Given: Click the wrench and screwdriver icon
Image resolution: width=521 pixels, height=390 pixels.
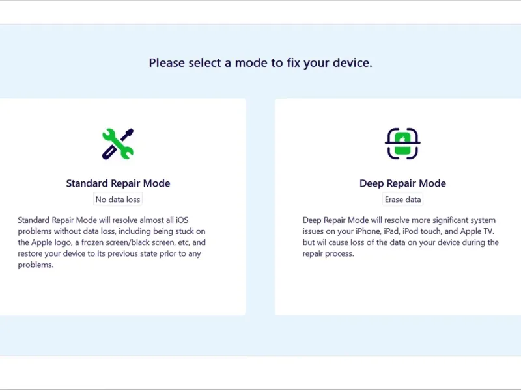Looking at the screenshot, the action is click(118, 144).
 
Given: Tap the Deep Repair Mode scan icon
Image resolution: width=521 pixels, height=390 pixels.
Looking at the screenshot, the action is click(402, 144).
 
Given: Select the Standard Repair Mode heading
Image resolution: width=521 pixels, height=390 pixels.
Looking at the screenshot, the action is click(118, 183).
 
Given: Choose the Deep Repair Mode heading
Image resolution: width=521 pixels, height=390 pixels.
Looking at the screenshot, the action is click(402, 183).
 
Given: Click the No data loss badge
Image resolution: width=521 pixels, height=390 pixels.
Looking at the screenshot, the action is click(118, 200).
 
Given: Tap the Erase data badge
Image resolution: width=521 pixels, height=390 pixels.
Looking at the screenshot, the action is click(402, 200).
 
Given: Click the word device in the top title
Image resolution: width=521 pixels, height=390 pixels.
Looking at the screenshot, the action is click(352, 62).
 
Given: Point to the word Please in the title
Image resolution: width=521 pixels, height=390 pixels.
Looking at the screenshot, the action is click(167, 62).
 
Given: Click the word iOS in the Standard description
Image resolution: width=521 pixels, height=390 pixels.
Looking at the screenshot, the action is click(182, 220).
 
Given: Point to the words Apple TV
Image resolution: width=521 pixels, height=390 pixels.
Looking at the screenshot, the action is click(477, 231).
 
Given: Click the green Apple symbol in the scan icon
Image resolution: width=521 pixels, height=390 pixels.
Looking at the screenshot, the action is click(402, 139).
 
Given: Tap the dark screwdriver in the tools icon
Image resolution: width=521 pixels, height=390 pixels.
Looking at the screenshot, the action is click(118, 144).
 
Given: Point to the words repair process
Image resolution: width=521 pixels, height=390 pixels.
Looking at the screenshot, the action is click(328, 254).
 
